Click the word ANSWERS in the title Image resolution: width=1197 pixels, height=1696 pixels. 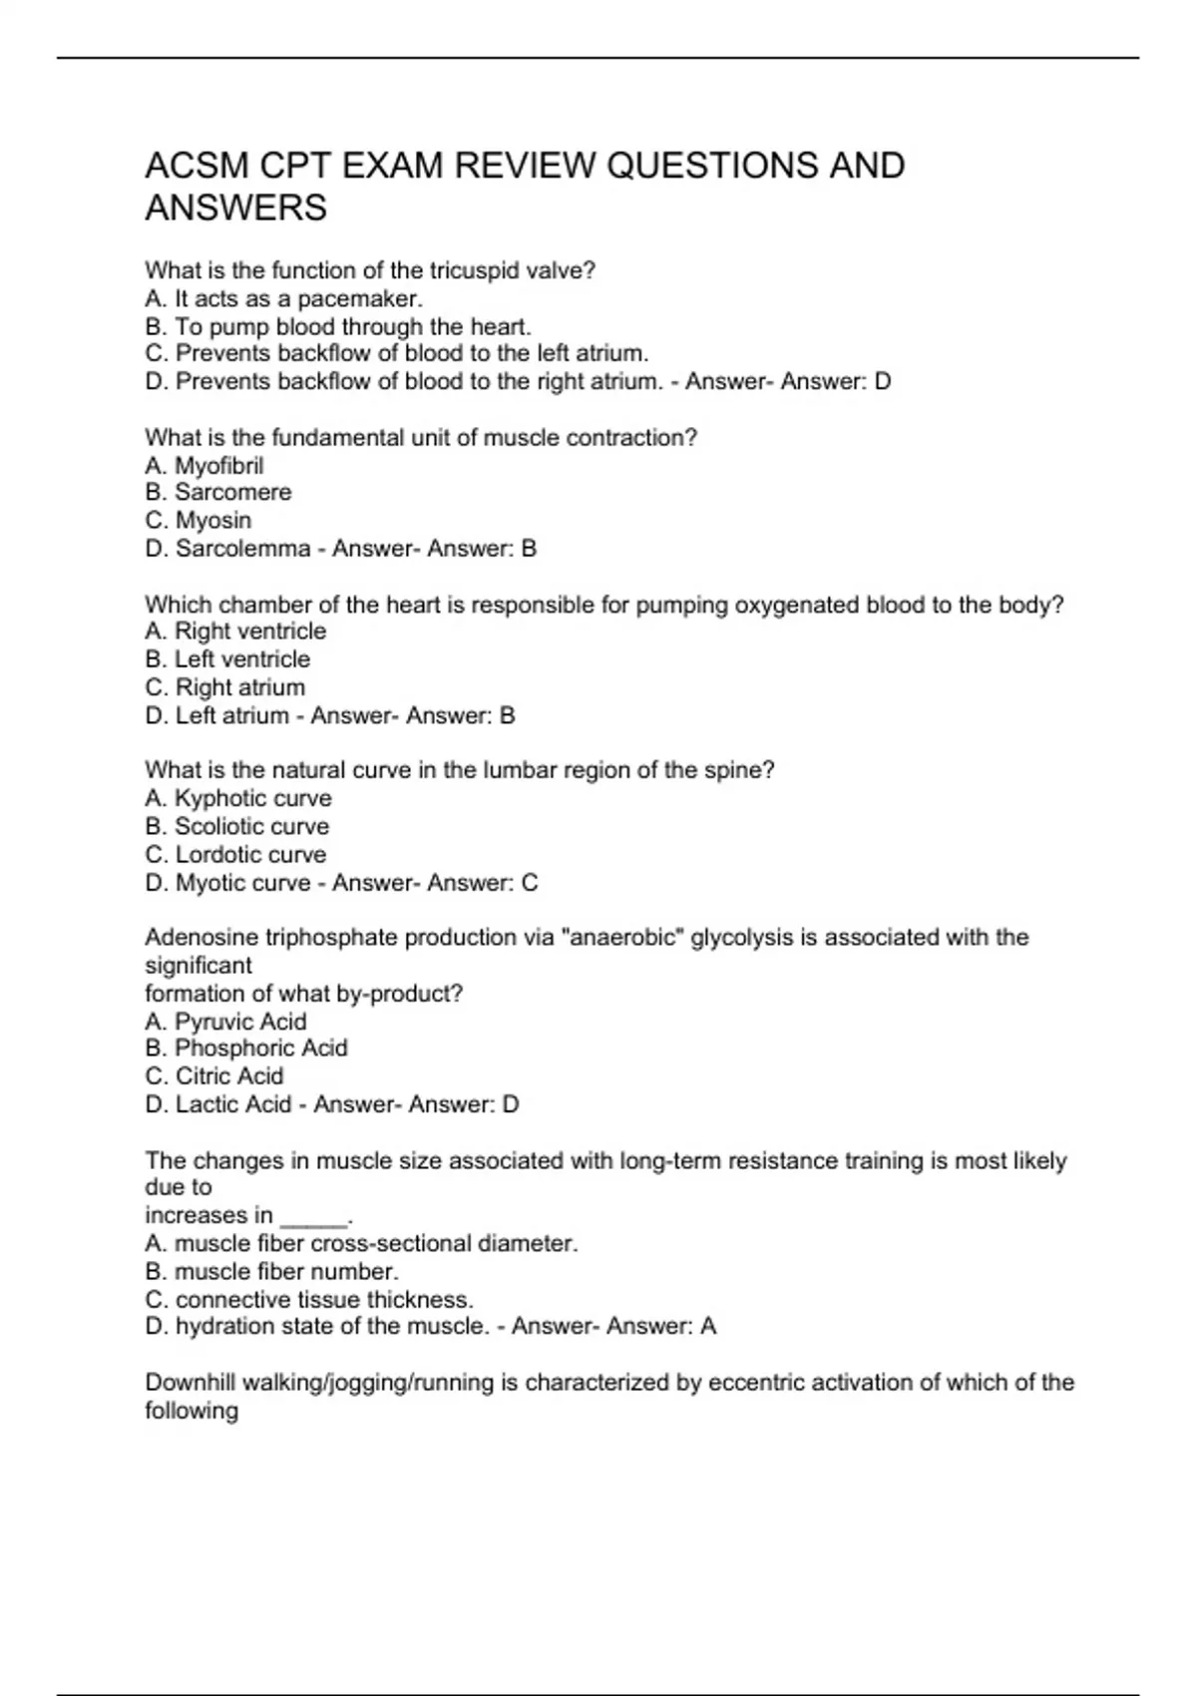[x=235, y=209]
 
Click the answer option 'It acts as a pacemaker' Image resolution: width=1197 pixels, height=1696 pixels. [x=298, y=298]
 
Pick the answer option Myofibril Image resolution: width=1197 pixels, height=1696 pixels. [x=218, y=466]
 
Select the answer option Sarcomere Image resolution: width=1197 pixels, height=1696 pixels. [x=232, y=493]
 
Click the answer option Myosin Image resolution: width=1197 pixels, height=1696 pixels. [x=212, y=521]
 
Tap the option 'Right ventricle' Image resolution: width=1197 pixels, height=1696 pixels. [x=249, y=632]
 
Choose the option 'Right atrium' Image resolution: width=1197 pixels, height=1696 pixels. [x=239, y=687]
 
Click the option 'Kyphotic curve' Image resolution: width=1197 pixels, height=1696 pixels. [x=252, y=798]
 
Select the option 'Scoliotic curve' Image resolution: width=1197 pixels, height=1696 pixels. [x=251, y=826]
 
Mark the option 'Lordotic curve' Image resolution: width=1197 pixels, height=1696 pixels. [x=250, y=855]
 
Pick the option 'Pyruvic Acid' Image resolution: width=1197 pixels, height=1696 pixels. [x=239, y=1022]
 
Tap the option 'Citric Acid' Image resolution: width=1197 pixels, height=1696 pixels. [x=228, y=1076]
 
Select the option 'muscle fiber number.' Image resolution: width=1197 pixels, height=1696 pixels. [x=285, y=1272]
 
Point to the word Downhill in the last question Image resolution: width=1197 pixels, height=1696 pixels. [x=190, y=1383]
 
